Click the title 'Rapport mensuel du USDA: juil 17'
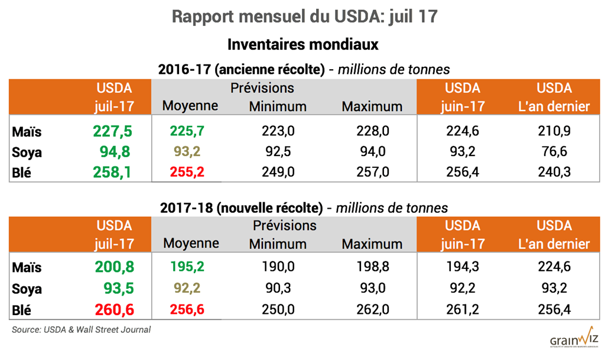point(304,16)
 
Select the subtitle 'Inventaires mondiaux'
point(302,44)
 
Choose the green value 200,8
point(114,267)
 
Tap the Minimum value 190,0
point(278,267)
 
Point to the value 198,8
point(373,267)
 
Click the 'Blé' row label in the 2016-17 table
point(22,172)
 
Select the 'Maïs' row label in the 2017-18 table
point(27,267)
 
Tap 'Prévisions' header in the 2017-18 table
point(284,225)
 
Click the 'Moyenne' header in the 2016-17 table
point(190,106)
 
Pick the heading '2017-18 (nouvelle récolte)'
point(241,207)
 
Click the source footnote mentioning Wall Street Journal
point(82,329)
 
